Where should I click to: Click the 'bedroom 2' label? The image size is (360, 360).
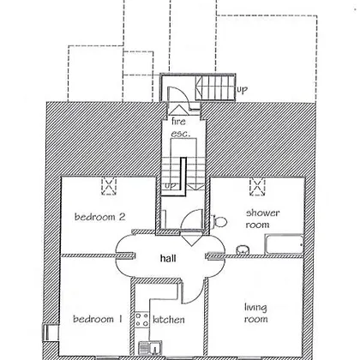coord(99,217)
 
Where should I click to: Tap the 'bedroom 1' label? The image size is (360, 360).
coord(98,319)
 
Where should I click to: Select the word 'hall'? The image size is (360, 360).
coord(168,258)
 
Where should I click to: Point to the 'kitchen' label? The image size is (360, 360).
coord(169,320)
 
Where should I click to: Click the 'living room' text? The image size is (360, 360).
coord(256,313)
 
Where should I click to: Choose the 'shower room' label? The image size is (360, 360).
coord(262,219)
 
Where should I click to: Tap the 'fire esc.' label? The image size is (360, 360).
coord(180,128)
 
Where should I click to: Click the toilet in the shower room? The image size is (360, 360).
coord(219,221)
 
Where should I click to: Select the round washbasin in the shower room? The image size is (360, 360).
coord(243,249)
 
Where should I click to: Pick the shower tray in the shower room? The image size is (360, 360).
coord(284,244)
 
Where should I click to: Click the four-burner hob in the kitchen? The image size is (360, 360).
coord(141,320)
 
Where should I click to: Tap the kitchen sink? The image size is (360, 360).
coord(150,348)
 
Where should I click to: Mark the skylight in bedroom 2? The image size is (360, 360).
coord(109,186)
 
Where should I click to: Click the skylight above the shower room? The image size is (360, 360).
coord(257,187)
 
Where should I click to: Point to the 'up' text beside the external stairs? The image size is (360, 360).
coord(242,90)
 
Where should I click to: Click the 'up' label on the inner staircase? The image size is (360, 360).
coord(171,186)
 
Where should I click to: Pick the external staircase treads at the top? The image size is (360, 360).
coord(215,87)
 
